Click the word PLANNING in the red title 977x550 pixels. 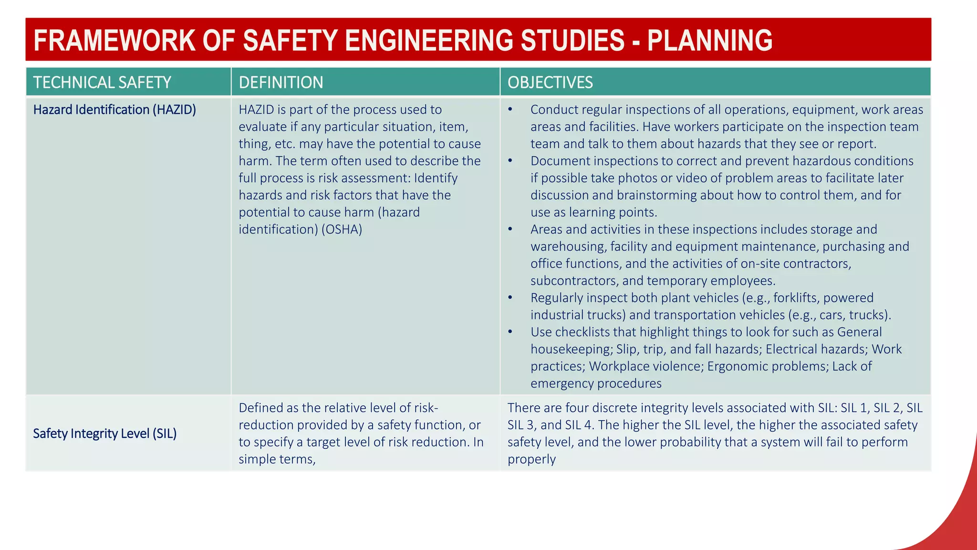point(709,40)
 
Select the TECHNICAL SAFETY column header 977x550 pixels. point(102,82)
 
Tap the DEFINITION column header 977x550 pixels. point(281,82)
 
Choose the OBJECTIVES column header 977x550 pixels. point(550,82)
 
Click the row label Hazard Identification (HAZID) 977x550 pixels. point(114,109)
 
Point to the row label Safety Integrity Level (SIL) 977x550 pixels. point(105,434)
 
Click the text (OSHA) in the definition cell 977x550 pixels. point(342,230)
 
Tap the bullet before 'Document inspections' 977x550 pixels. point(510,161)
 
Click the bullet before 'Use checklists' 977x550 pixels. point(510,332)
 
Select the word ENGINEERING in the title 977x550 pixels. point(429,40)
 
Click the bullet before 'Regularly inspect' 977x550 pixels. point(510,298)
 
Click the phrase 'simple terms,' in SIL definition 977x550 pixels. point(277,459)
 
